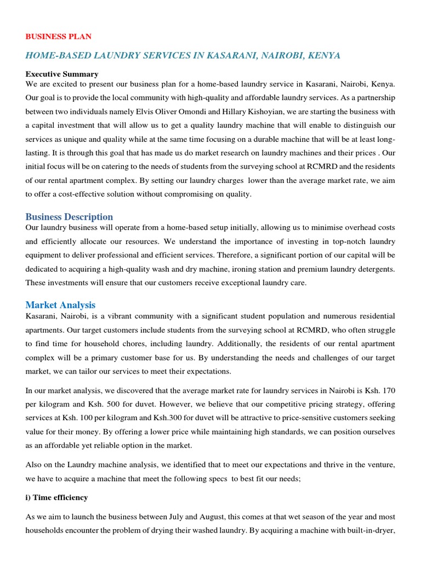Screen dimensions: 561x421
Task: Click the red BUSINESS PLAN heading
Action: (59, 37)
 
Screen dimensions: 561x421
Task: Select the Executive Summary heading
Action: (62, 74)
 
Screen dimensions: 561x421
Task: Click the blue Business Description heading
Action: (69, 217)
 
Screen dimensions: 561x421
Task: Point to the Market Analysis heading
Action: (60, 305)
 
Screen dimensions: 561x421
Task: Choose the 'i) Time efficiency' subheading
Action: (56, 497)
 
